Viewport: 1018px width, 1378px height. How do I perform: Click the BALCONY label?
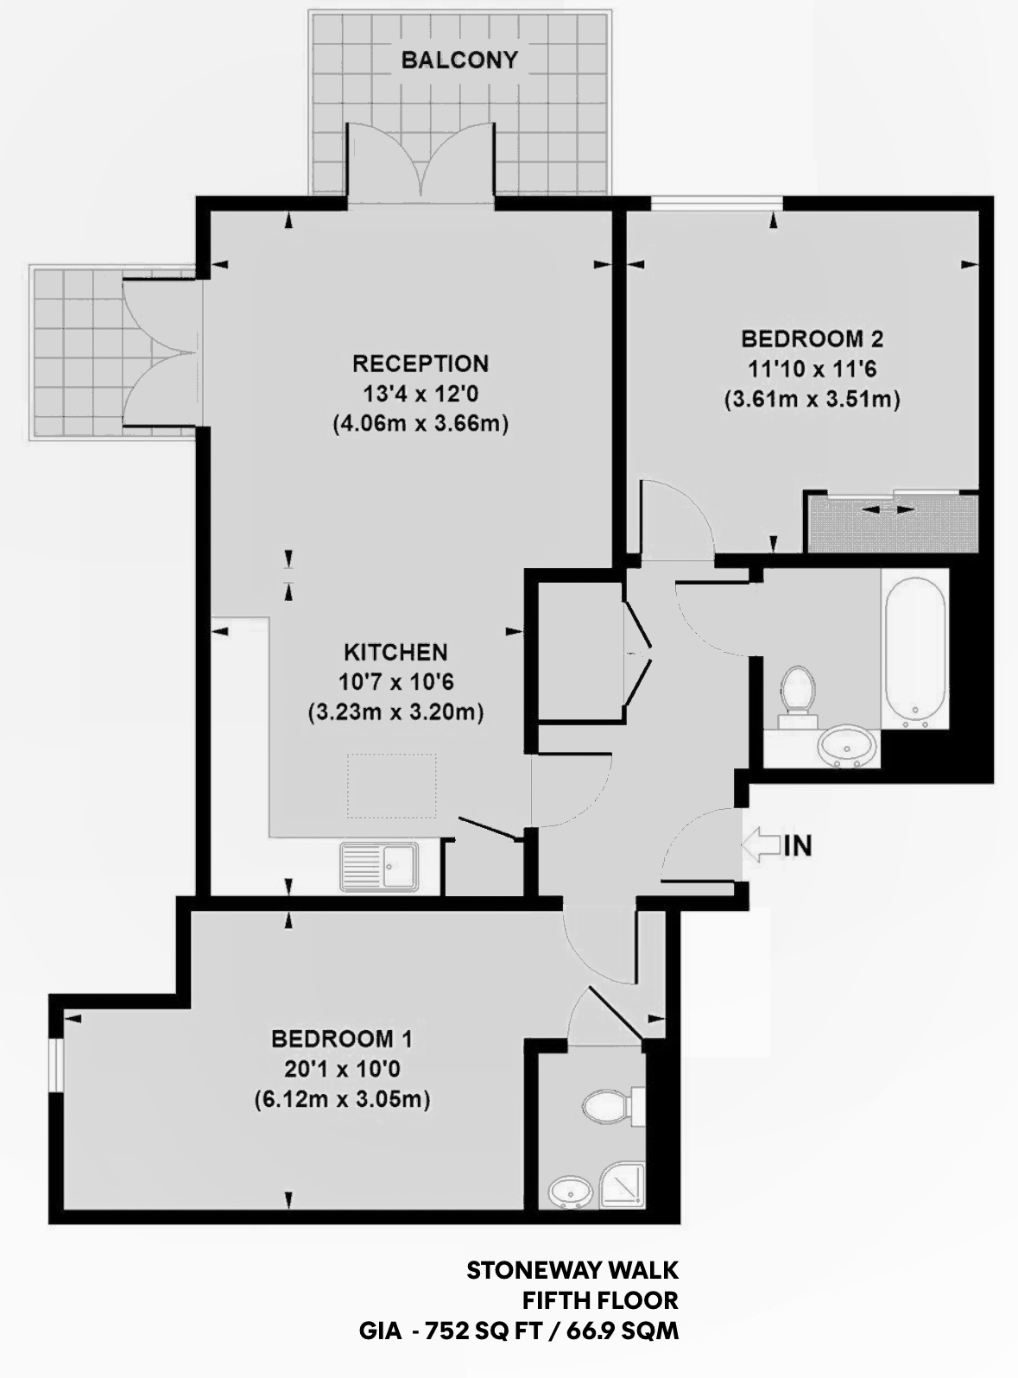(459, 60)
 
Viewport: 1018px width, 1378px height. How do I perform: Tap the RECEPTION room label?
(420, 363)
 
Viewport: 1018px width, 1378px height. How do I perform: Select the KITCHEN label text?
(395, 652)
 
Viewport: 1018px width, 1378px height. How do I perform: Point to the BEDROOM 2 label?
(812, 338)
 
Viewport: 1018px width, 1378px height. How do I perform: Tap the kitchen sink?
(380, 865)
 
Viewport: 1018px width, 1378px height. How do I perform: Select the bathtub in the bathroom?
(914, 648)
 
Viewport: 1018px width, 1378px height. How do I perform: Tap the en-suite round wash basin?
(569, 1193)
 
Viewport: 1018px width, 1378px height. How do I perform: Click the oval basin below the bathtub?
(846, 745)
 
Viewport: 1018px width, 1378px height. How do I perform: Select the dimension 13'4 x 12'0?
(420, 394)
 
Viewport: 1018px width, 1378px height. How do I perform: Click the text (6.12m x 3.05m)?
(342, 1100)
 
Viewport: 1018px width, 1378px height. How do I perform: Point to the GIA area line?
(519, 1331)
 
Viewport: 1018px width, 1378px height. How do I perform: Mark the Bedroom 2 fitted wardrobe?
(891, 523)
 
